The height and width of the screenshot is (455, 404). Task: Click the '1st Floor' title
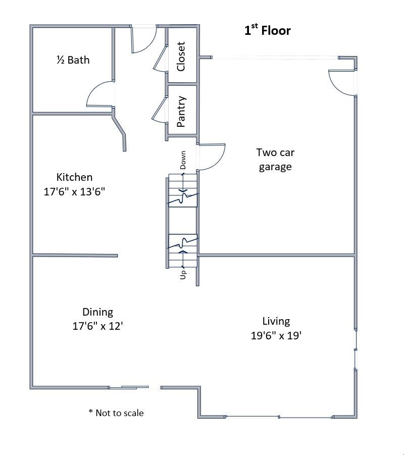click(x=268, y=31)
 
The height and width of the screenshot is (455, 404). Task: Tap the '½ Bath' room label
click(x=73, y=60)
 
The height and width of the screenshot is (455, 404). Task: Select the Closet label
click(x=181, y=56)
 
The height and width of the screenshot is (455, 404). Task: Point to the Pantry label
click(x=181, y=111)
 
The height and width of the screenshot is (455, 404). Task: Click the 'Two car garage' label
click(x=275, y=160)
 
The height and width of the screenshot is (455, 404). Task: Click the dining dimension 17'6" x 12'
click(x=97, y=326)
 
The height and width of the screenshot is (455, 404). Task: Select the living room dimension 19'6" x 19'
click(x=276, y=335)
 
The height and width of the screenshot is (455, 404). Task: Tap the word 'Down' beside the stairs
click(x=183, y=160)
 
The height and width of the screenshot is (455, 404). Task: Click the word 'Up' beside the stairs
click(x=183, y=274)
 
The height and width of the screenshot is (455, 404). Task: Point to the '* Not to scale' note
click(x=116, y=413)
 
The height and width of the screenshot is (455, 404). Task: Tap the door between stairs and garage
click(x=211, y=157)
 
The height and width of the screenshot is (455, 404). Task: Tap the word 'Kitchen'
click(x=74, y=177)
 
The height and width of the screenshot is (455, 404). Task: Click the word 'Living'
click(x=276, y=321)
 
